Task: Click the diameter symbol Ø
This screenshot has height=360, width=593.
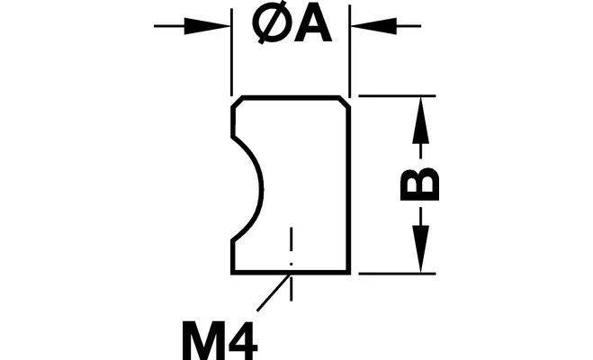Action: coord(272,26)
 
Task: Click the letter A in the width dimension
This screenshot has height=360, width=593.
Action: coord(313,26)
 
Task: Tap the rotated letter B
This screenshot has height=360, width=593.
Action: coord(420,184)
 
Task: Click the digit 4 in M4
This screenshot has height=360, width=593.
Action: coord(244,341)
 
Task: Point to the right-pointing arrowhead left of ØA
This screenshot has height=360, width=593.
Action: coord(207,26)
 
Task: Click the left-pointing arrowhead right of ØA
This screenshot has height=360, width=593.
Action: coord(373,26)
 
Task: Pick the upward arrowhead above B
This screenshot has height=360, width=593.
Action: coord(420,120)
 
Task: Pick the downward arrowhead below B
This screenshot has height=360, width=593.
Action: coord(420,248)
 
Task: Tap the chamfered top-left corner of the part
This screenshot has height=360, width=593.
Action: coord(237,103)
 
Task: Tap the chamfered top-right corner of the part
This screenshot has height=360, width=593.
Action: coord(344,103)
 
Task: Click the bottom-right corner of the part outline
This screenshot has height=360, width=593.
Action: coord(348,272)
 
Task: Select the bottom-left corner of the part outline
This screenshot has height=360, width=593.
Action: coord(233,272)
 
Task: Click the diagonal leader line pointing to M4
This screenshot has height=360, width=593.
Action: coord(274,292)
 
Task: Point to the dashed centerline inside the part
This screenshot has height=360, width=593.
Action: coord(291,264)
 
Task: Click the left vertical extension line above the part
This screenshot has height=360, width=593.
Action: coord(231,52)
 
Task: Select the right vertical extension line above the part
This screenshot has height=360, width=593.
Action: coord(350,51)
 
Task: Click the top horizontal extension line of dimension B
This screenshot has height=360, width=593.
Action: coord(397,96)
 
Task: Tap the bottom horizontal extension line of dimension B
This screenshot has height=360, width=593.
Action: coord(397,273)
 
